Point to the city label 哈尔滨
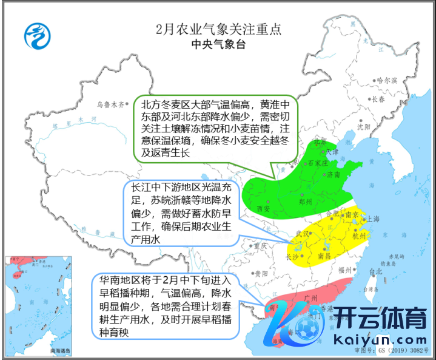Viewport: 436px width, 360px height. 386,80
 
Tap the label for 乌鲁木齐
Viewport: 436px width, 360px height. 110,104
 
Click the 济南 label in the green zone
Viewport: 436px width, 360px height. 334,175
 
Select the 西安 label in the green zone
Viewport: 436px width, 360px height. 263,208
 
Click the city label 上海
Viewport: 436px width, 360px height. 372,219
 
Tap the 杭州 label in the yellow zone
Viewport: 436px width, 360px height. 359,237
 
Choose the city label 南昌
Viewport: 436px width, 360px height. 324,257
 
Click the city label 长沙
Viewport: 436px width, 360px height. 291,257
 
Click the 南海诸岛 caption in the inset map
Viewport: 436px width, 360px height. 61,351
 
